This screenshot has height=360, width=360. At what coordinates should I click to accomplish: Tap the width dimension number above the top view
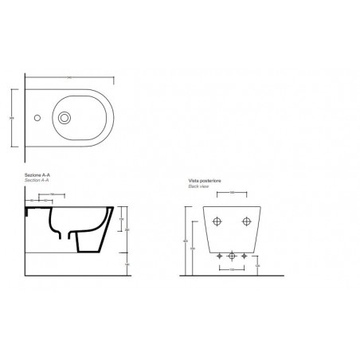69,76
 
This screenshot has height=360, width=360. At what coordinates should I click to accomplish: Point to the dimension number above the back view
230,192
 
